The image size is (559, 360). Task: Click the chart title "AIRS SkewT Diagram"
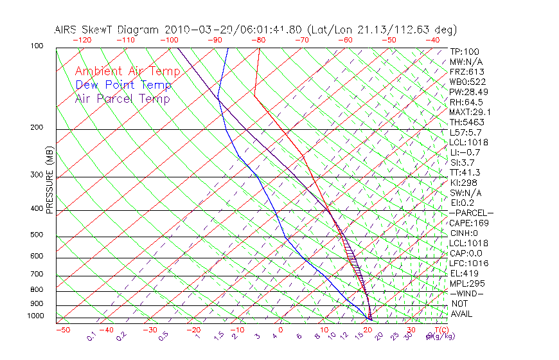coord(107,30)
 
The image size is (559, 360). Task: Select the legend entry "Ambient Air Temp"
coord(127,71)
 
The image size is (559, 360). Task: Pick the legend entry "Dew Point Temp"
coord(123,85)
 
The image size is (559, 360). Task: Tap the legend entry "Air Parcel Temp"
coord(122,99)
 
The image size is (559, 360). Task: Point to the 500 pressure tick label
coord(36,235)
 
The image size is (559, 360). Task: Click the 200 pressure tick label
coord(36,128)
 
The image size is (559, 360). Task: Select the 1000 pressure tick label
coord(34,316)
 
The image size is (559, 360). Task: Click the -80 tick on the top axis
coord(258,40)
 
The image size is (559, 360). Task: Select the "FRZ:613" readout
coord(466,72)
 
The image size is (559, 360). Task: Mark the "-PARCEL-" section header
coord(471,213)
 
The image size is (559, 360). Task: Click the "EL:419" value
coord(463,273)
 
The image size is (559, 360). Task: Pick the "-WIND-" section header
coord(467,293)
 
